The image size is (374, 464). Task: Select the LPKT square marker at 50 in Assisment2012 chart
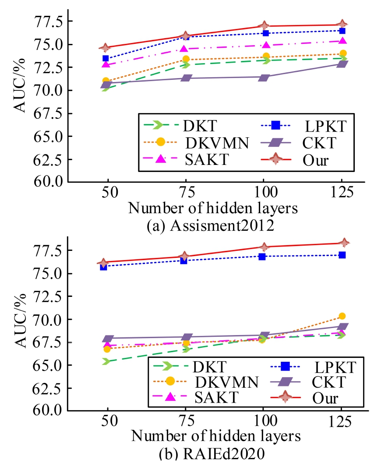tap(105, 58)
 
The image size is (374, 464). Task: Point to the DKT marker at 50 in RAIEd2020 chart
tap(105, 361)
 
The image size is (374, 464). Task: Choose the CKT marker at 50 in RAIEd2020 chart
tap(106, 339)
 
